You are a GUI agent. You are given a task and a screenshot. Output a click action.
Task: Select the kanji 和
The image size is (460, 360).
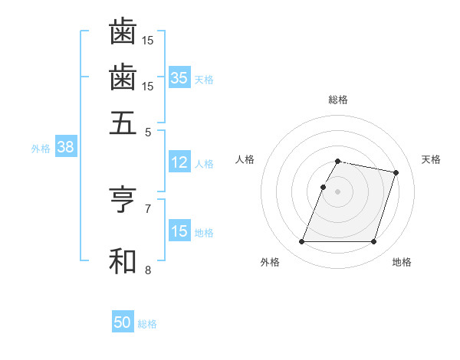pyautogui.click(x=123, y=260)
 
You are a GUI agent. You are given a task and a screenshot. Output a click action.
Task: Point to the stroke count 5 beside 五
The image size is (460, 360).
pyautogui.click(x=148, y=132)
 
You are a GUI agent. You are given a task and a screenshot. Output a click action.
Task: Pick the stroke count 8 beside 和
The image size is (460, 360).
pyautogui.click(x=148, y=270)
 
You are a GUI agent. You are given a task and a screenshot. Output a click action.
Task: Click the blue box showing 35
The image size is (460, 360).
pyautogui.click(x=179, y=77)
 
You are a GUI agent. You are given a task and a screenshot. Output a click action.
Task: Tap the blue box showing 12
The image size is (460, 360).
pyautogui.click(x=179, y=162)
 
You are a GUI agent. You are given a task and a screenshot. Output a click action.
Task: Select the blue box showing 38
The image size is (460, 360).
pyautogui.click(x=65, y=148)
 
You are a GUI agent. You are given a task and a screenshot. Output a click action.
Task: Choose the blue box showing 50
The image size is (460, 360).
pyautogui.click(x=123, y=322)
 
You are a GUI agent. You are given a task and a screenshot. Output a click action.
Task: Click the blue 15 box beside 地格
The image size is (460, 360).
pyautogui.click(x=179, y=231)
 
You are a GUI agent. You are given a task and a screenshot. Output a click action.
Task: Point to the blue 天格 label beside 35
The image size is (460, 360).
pyautogui.click(x=204, y=79)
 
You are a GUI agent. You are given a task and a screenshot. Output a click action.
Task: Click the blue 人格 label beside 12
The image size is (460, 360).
pyautogui.click(x=204, y=163)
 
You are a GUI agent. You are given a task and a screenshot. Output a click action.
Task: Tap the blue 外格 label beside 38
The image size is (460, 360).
pyautogui.click(x=41, y=149)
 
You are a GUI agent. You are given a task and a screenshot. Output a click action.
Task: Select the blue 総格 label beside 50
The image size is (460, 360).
pyautogui.click(x=147, y=324)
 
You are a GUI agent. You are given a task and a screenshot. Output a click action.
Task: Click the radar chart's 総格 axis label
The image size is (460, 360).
pyautogui.click(x=338, y=100)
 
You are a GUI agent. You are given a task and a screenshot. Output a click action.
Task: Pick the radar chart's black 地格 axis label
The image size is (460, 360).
pyautogui.click(x=402, y=263)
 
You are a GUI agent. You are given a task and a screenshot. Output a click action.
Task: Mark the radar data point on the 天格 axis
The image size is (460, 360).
pyautogui.click(x=396, y=173)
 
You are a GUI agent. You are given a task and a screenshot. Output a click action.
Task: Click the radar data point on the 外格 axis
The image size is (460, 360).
pyautogui.click(x=302, y=242)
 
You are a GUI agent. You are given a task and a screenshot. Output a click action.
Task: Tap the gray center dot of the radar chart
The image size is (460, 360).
pyautogui.click(x=338, y=191)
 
